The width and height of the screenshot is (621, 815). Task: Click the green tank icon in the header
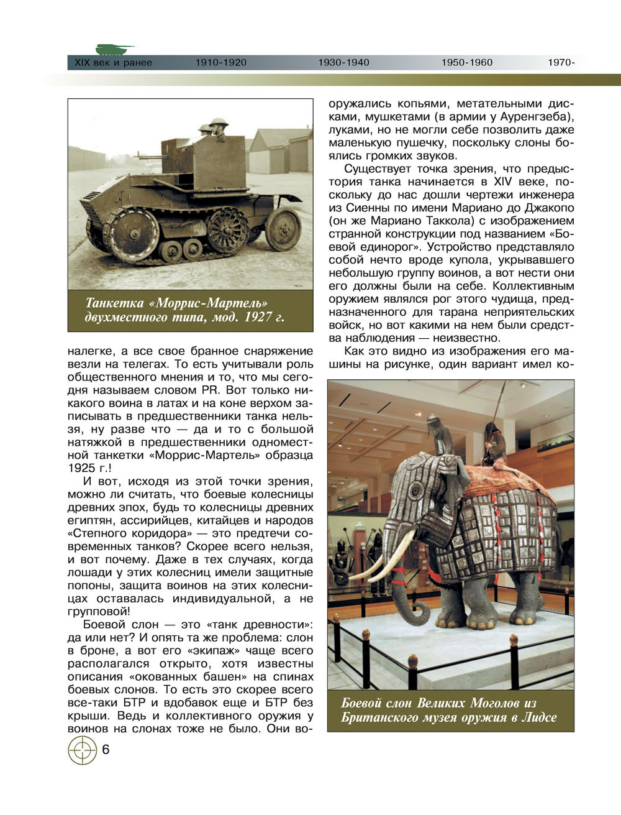(x=114, y=49)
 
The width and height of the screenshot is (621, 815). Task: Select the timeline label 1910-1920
(x=220, y=63)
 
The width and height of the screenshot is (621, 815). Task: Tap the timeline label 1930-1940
(x=343, y=63)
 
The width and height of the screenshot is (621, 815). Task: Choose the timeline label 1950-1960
(x=466, y=63)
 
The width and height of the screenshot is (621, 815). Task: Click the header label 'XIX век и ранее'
(x=113, y=63)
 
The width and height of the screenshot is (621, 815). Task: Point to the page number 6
(x=106, y=750)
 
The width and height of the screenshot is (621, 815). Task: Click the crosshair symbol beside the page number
(x=82, y=750)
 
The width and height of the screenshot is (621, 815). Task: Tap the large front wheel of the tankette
(x=131, y=233)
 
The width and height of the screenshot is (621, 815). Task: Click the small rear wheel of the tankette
(x=283, y=229)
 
